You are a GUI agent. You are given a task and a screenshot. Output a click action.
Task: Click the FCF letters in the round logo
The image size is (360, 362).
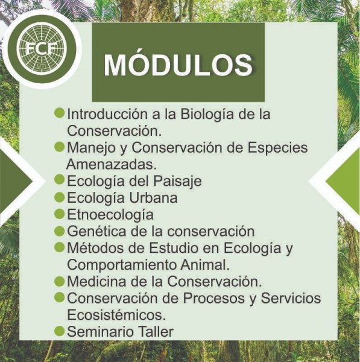[x=42, y=48]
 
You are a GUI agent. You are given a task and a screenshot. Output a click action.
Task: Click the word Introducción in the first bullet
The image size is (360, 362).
[x=107, y=114]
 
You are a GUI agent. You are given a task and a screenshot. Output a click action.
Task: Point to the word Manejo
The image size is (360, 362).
[x=91, y=148]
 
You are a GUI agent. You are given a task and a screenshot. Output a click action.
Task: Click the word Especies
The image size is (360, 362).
[x=277, y=148]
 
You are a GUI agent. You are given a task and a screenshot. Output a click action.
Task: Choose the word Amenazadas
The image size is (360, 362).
[x=111, y=164]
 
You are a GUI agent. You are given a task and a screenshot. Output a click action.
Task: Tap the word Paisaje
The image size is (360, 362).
[x=177, y=182]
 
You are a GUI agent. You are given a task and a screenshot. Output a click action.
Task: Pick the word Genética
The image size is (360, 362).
[x=96, y=231]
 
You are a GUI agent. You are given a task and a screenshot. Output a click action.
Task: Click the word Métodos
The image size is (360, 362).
[x=96, y=248]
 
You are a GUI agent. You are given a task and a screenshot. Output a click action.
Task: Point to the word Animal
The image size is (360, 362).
[x=205, y=265]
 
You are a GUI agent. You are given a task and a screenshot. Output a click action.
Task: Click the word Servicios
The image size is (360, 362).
[x=291, y=298]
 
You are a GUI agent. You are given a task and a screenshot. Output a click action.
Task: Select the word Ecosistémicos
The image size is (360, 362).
[x=116, y=315]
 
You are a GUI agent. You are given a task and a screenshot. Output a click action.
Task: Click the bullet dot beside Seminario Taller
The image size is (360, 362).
[x=59, y=331]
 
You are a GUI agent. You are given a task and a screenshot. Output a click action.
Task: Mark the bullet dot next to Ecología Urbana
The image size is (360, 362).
[x=59, y=197]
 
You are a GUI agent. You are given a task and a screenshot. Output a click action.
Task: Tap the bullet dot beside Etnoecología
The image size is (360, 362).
[x=59, y=214]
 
